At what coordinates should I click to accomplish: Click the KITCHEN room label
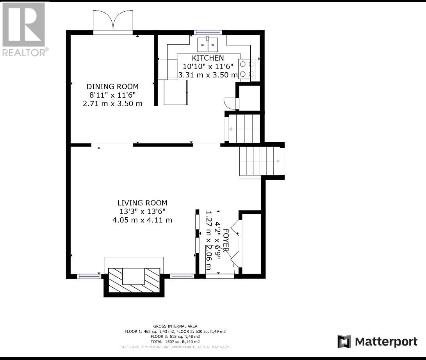(x=208, y=58)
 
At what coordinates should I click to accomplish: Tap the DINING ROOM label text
(x=112, y=86)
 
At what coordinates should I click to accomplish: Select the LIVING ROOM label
(x=142, y=203)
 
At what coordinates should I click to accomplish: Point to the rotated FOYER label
(x=226, y=240)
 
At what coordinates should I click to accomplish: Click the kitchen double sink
(x=208, y=45)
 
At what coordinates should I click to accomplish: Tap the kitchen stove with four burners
(x=247, y=69)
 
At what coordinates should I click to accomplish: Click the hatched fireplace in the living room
(x=134, y=280)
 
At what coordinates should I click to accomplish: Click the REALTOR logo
(x=24, y=29)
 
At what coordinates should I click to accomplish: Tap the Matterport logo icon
(x=344, y=342)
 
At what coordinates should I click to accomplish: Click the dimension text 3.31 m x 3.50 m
(x=208, y=75)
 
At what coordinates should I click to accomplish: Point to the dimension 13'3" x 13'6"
(x=143, y=211)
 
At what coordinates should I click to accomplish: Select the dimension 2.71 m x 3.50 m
(x=112, y=104)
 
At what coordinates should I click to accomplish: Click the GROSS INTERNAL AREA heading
(x=175, y=326)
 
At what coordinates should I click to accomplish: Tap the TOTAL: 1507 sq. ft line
(x=175, y=342)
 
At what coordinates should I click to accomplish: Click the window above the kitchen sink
(x=208, y=32)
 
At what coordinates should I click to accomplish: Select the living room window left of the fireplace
(x=89, y=276)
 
